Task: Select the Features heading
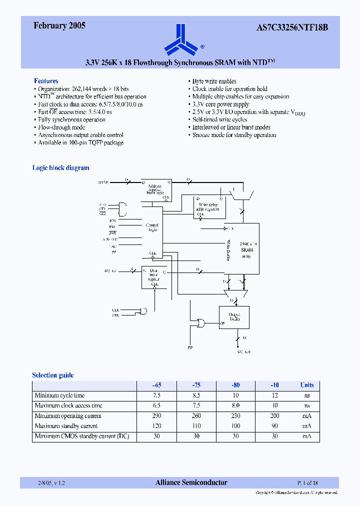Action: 46,81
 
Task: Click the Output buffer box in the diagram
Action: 234,318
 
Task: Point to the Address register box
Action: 156,189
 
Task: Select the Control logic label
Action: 152,227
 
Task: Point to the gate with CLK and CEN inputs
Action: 143,311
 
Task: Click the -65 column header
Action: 156,385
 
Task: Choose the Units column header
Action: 307,385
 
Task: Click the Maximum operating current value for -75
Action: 196,416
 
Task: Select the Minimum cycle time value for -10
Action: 274,395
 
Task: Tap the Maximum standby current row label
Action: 66,426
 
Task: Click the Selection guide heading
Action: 53,375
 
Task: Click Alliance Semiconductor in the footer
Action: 191,482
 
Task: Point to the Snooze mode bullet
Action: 234,135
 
